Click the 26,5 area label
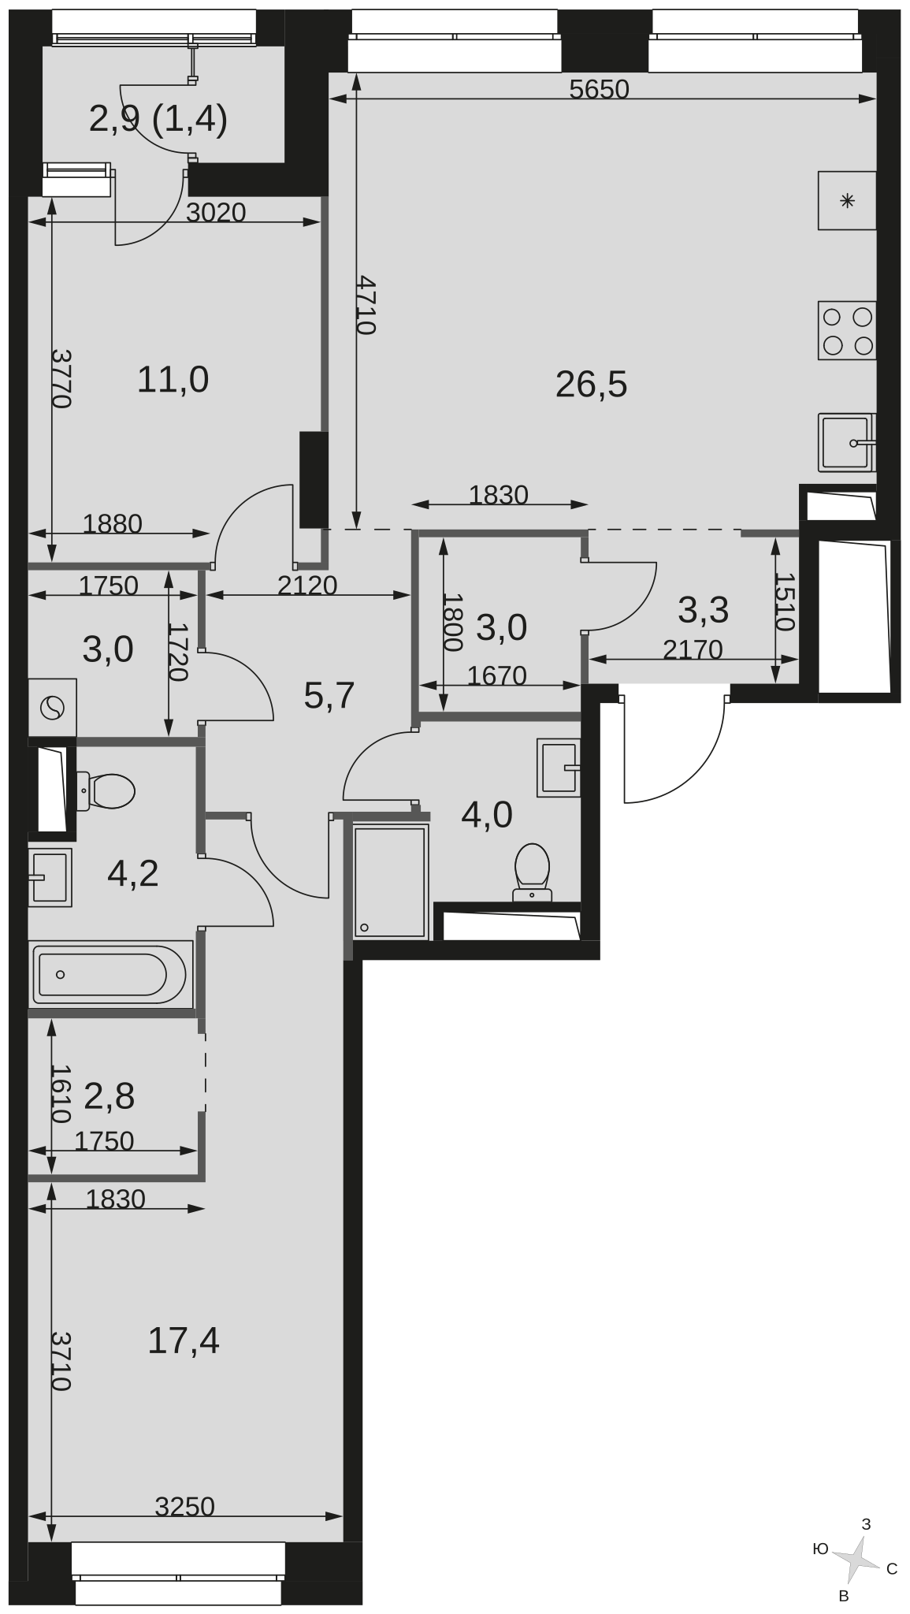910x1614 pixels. coord(591,385)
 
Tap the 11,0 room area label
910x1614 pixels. coord(173,380)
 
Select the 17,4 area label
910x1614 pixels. coord(184,1340)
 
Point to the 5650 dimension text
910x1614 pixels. coord(599,90)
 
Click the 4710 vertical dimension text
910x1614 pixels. coord(364,305)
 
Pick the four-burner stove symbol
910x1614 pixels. coord(847,331)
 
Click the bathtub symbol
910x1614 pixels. coord(111,975)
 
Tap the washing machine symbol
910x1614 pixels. coord(53,707)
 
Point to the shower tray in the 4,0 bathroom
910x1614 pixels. coord(391,882)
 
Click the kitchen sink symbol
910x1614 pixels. coord(847,442)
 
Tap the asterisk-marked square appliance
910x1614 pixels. coord(847,201)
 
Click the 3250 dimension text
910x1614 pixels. coord(185,1506)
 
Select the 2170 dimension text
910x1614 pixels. coord(693,649)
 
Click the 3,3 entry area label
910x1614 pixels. coord(704,609)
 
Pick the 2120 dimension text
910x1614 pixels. coord(308,585)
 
